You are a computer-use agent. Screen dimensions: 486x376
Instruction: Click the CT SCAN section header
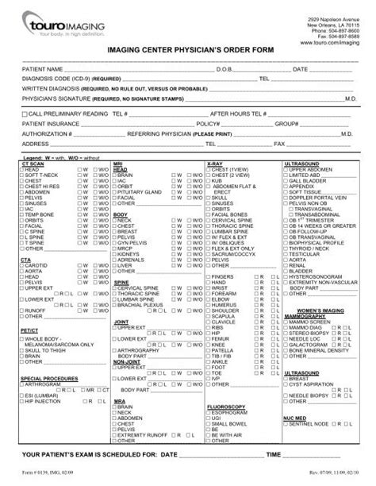33,163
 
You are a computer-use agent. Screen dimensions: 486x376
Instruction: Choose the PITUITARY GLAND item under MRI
143,191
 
